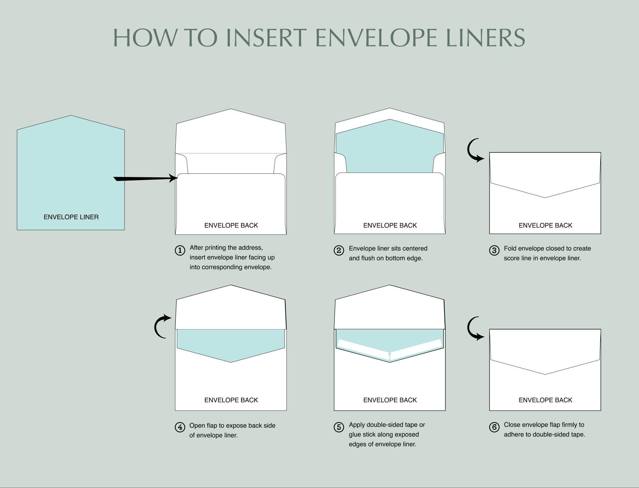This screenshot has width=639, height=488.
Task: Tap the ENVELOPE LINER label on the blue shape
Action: coord(71,217)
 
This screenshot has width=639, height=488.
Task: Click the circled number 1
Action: coord(180,250)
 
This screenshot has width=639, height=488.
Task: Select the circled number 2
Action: coord(339,250)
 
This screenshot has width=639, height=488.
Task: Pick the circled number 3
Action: coord(494,250)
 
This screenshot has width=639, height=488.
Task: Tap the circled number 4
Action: coord(180,427)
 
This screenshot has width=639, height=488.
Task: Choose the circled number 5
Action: coord(339,427)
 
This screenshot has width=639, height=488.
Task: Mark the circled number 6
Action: coord(494,427)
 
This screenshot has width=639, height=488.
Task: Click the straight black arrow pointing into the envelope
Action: coord(146,178)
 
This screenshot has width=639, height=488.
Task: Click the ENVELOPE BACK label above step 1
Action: coord(231,226)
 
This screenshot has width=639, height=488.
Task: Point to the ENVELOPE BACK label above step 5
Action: coord(390,400)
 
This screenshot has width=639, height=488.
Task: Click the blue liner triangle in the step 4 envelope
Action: coord(231,344)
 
